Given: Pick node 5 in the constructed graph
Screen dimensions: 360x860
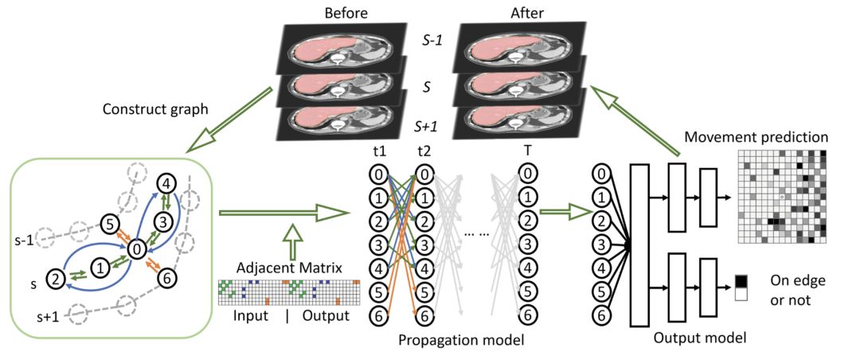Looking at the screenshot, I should click(x=110, y=225).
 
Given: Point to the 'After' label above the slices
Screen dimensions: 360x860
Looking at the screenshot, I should click(x=514, y=13).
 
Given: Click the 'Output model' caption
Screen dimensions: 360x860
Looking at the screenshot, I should click(x=699, y=338).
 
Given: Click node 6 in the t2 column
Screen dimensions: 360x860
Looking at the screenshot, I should click(x=424, y=316).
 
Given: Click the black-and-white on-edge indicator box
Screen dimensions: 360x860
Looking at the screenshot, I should click(x=741, y=287).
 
